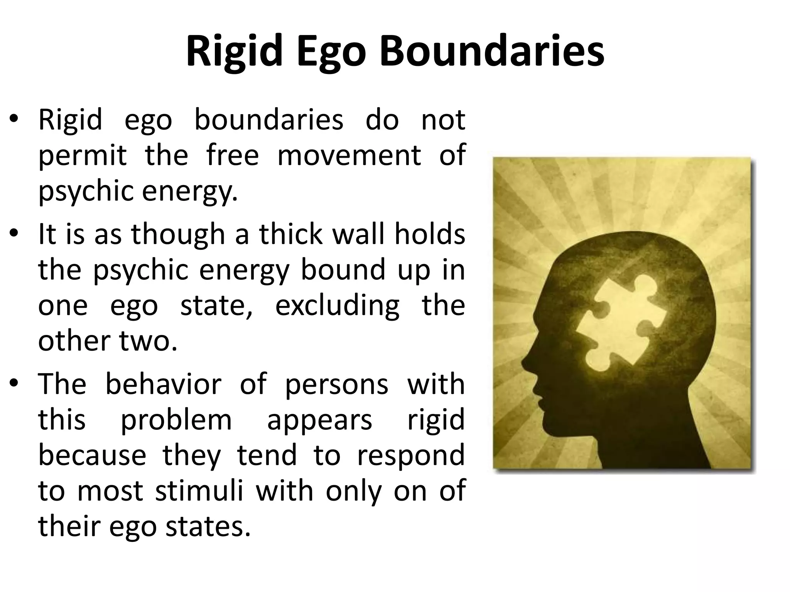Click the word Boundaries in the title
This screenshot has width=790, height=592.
point(492,51)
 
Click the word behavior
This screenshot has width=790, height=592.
point(164,384)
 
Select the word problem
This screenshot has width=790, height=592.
point(176,420)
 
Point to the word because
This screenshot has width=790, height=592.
point(92,455)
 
